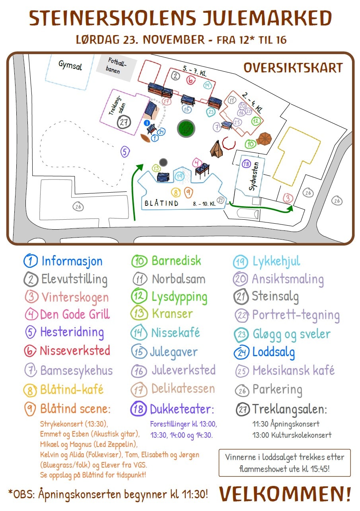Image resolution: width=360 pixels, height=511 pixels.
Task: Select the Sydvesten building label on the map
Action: (x=253, y=176)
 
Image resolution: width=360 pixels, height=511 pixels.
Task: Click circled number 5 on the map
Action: (x=125, y=152)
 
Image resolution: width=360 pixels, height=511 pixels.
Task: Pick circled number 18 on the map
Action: (x=246, y=164)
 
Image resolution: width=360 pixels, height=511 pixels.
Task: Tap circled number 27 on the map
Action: (x=124, y=122)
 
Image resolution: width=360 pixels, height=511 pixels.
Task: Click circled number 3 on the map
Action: (x=288, y=198)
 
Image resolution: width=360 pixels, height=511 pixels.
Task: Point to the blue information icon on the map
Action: (x=147, y=123)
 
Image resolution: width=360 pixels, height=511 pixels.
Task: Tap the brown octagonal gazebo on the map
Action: (x=264, y=139)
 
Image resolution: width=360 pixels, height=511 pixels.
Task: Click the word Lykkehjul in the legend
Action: (x=276, y=261)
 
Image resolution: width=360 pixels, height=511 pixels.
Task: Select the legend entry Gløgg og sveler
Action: (x=291, y=334)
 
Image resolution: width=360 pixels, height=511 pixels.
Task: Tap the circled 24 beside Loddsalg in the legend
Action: (x=241, y=352)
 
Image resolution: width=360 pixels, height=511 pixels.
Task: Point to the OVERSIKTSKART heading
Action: (x=293, y=68)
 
